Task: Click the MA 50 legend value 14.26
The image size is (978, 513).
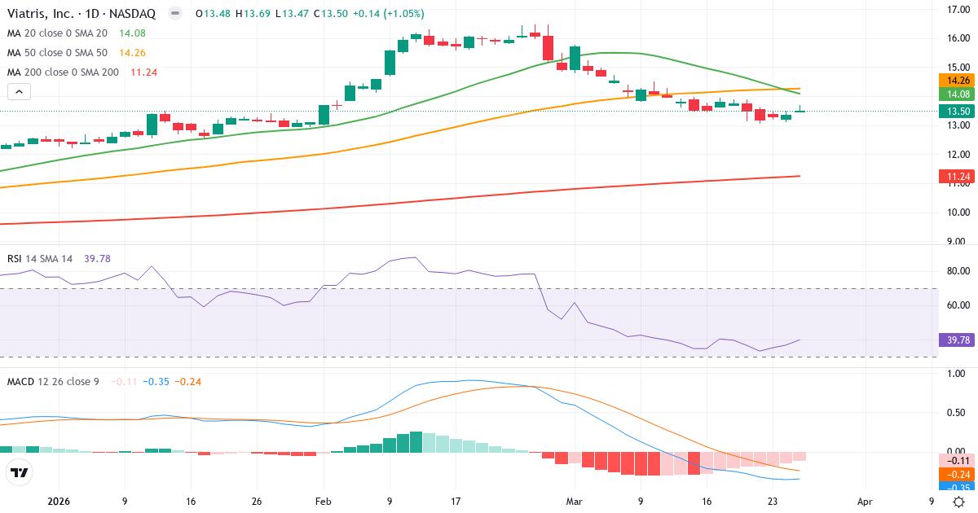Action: tap(133, 52)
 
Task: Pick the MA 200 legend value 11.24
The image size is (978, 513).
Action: tap(143, 72)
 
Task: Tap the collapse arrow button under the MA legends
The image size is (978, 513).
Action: tap(19, 92)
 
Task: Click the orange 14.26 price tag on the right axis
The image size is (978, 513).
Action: tap(955, 81)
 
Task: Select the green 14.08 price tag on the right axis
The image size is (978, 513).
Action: tap(955, 94)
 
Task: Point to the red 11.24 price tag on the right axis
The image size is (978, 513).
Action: tap(955, 176)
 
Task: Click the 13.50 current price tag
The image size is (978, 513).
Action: tap(955, 112)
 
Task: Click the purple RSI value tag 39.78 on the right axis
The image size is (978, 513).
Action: tap(955, 340)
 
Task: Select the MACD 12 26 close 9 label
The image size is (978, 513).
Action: tap(53, 381)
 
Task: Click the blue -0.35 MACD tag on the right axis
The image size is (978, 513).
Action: tap(955, 488)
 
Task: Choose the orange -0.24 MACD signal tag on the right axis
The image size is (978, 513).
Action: tap(955, 474)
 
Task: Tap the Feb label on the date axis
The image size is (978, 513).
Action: tap(324, 502)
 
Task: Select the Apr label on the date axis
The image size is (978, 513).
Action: tap(865, 502)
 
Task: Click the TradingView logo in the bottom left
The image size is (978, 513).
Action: tap(19, 472)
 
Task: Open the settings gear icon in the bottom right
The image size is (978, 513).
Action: tap(959, 502)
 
